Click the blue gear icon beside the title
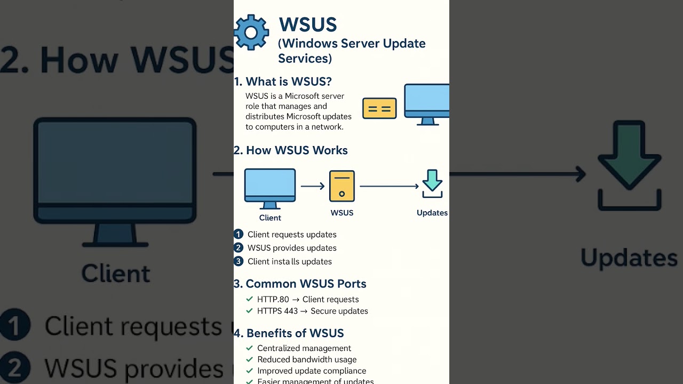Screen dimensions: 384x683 tap(251, 33)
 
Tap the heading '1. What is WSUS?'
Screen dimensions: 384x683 tap(283, 82)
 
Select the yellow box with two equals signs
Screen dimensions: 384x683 tap(379, 108)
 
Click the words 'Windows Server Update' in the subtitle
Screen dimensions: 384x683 tap(352, 44)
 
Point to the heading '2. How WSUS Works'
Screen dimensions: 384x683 tap(291, 150)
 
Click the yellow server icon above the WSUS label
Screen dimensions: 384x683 tap(342, 186)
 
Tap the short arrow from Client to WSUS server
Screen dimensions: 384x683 tap(313, 186)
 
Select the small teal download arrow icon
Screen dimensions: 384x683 tap(432, 183)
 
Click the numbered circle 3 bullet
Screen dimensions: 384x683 tap(239, 261)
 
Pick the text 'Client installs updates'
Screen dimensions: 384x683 tap(290, 261)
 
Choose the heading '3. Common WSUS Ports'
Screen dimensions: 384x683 tap(300, 284)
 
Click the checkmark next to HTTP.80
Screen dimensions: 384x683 tap(249, 299)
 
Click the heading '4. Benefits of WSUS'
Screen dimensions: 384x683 tap(289, 333)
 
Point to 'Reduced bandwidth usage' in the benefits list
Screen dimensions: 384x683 tap(307, 359)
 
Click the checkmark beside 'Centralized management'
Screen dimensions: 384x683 tap(249, 348)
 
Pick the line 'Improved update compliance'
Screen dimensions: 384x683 tap(312, 371)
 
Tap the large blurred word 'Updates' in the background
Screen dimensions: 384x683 tap(629, 258)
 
